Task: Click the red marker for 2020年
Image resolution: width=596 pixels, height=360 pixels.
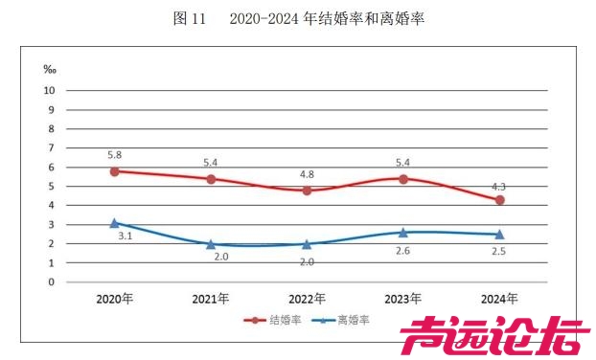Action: (x=115, y=171)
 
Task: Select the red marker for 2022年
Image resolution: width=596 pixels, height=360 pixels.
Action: (x=307, y=191)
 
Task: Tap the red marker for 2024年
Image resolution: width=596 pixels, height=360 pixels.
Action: (x=499, y=200)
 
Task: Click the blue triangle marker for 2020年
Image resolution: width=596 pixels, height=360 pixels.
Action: (x=115, y=223)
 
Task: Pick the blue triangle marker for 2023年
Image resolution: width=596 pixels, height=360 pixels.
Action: (x=403, y=232)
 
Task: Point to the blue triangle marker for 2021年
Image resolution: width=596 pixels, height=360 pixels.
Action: (x=211, y=244)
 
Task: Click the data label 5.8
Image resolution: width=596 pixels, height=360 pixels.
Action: (x=115, y=153)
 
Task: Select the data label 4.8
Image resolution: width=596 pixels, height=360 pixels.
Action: (x=307, y=174)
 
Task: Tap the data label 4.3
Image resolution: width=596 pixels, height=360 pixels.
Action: (x=499, y=183)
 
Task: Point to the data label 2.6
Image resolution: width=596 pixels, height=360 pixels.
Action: (x=403, y=252)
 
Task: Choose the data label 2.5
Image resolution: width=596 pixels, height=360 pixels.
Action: (x=499, y=252)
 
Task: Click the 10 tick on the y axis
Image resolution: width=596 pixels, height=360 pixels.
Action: (x=50, y=90)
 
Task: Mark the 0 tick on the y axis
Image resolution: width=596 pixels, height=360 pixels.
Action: (x=51, y=282)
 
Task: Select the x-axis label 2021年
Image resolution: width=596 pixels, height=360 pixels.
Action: (x=211, y=298)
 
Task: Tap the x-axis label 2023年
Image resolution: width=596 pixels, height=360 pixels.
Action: (x=403, y=298)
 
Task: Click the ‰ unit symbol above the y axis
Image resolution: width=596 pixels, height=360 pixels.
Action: (x=50, y=69)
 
